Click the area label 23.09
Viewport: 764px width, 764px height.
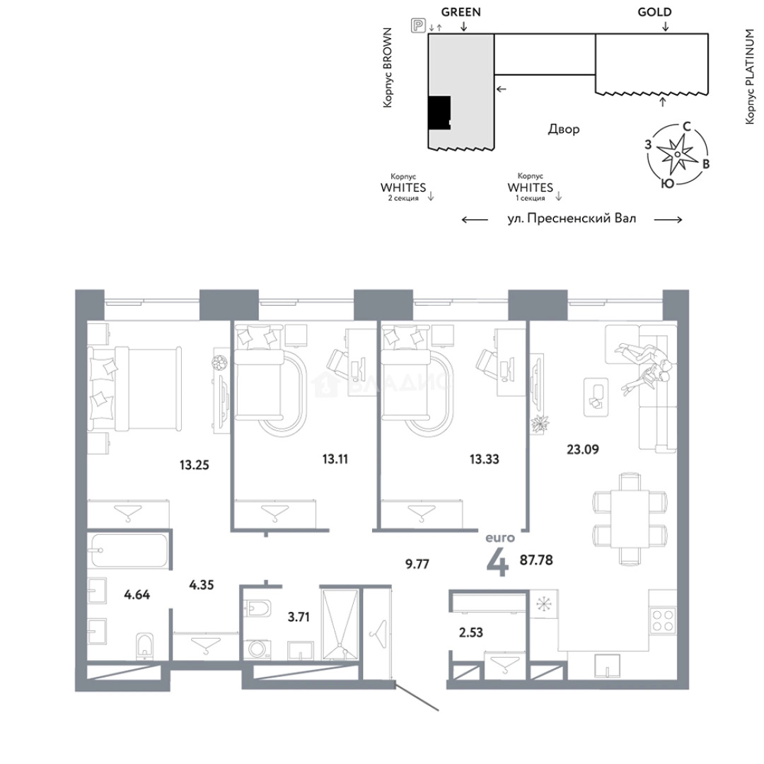[583, 448]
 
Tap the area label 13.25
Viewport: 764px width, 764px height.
[194, 465]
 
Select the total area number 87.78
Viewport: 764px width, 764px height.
[536, 560]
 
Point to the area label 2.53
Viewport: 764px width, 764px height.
[470, 632]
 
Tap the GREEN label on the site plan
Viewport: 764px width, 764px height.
[461, 12]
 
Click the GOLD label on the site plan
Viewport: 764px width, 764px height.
[654, 12]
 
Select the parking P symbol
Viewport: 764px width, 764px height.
[418, 25]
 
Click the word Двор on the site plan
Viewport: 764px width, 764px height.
[564, 129]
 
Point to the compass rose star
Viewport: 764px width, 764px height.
[677, 154]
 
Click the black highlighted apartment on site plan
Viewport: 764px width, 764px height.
[439, 112]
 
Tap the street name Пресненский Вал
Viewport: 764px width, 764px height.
[581, 219]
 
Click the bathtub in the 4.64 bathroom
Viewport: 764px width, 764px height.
[129, 550]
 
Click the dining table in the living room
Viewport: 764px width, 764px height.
[630, 519]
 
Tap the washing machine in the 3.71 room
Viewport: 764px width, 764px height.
[257, 649]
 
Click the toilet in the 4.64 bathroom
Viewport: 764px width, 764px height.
[145, 645]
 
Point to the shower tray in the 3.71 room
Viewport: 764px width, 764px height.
[340, 625]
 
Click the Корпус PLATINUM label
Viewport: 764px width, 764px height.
[749, 76]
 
